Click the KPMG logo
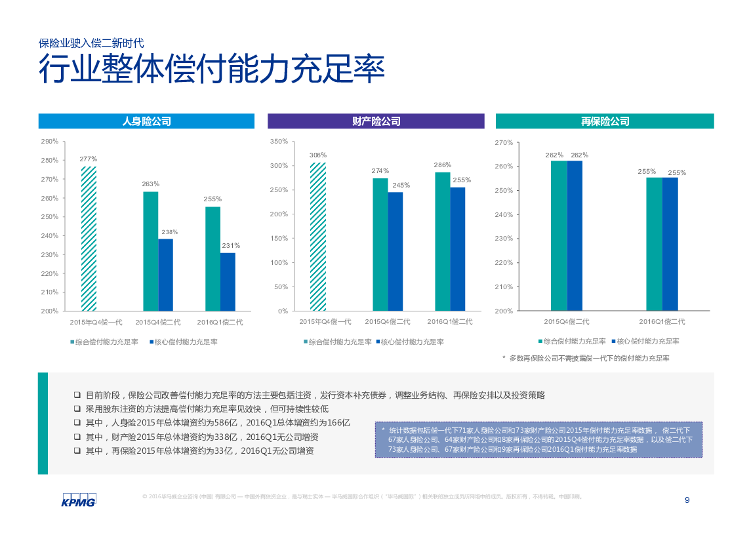click(x=79, y=500)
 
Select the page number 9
click(x=687, y=500)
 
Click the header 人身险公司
click(x=146, y=121)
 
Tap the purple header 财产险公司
click(x=376, y=121)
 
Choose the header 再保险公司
click(x=605, y=121)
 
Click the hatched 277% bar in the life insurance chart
click(x=89, y=239)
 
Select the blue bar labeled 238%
click(x=165, y=275)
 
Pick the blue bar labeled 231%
click(x=228, y=282)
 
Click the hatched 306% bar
click(x=318, y=237)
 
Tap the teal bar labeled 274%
click(x=380, y=245)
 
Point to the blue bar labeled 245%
click(x=396, y=251)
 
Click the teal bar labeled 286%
click(x=442, y=241)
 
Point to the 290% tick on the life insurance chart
click(x=50, y=142)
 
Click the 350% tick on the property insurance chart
click(x=279, y=142)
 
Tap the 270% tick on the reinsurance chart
click(x=504, y=142)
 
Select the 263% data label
click(x=151, y=184)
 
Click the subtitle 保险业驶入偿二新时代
click(x=91, y=43)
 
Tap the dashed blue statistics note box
click(x=538, y=440)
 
